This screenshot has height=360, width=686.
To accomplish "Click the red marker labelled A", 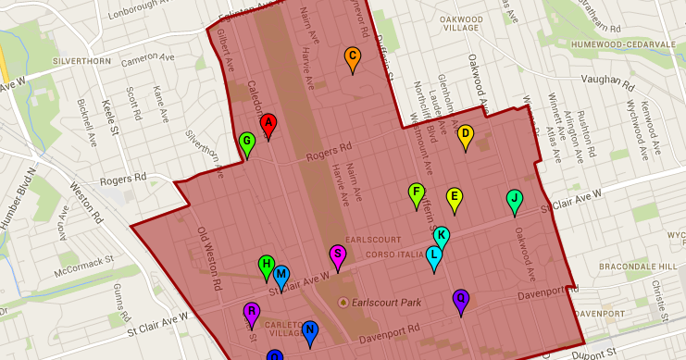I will coord(268,124).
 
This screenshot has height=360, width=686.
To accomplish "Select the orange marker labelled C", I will coord(352,57).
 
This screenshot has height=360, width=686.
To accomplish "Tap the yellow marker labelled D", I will coord(466,135).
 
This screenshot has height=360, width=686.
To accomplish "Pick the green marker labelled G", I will coord(247,143).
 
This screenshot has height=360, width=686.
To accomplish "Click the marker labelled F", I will coord(417,193).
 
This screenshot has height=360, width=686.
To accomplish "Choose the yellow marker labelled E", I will coord(454,197).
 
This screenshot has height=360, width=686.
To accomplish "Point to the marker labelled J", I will coord(514,199).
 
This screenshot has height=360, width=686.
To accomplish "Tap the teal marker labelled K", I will coord(442,237).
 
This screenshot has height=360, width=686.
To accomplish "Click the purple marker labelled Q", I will coord(460,300).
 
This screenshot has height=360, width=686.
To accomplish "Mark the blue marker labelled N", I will coord(310,331).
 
